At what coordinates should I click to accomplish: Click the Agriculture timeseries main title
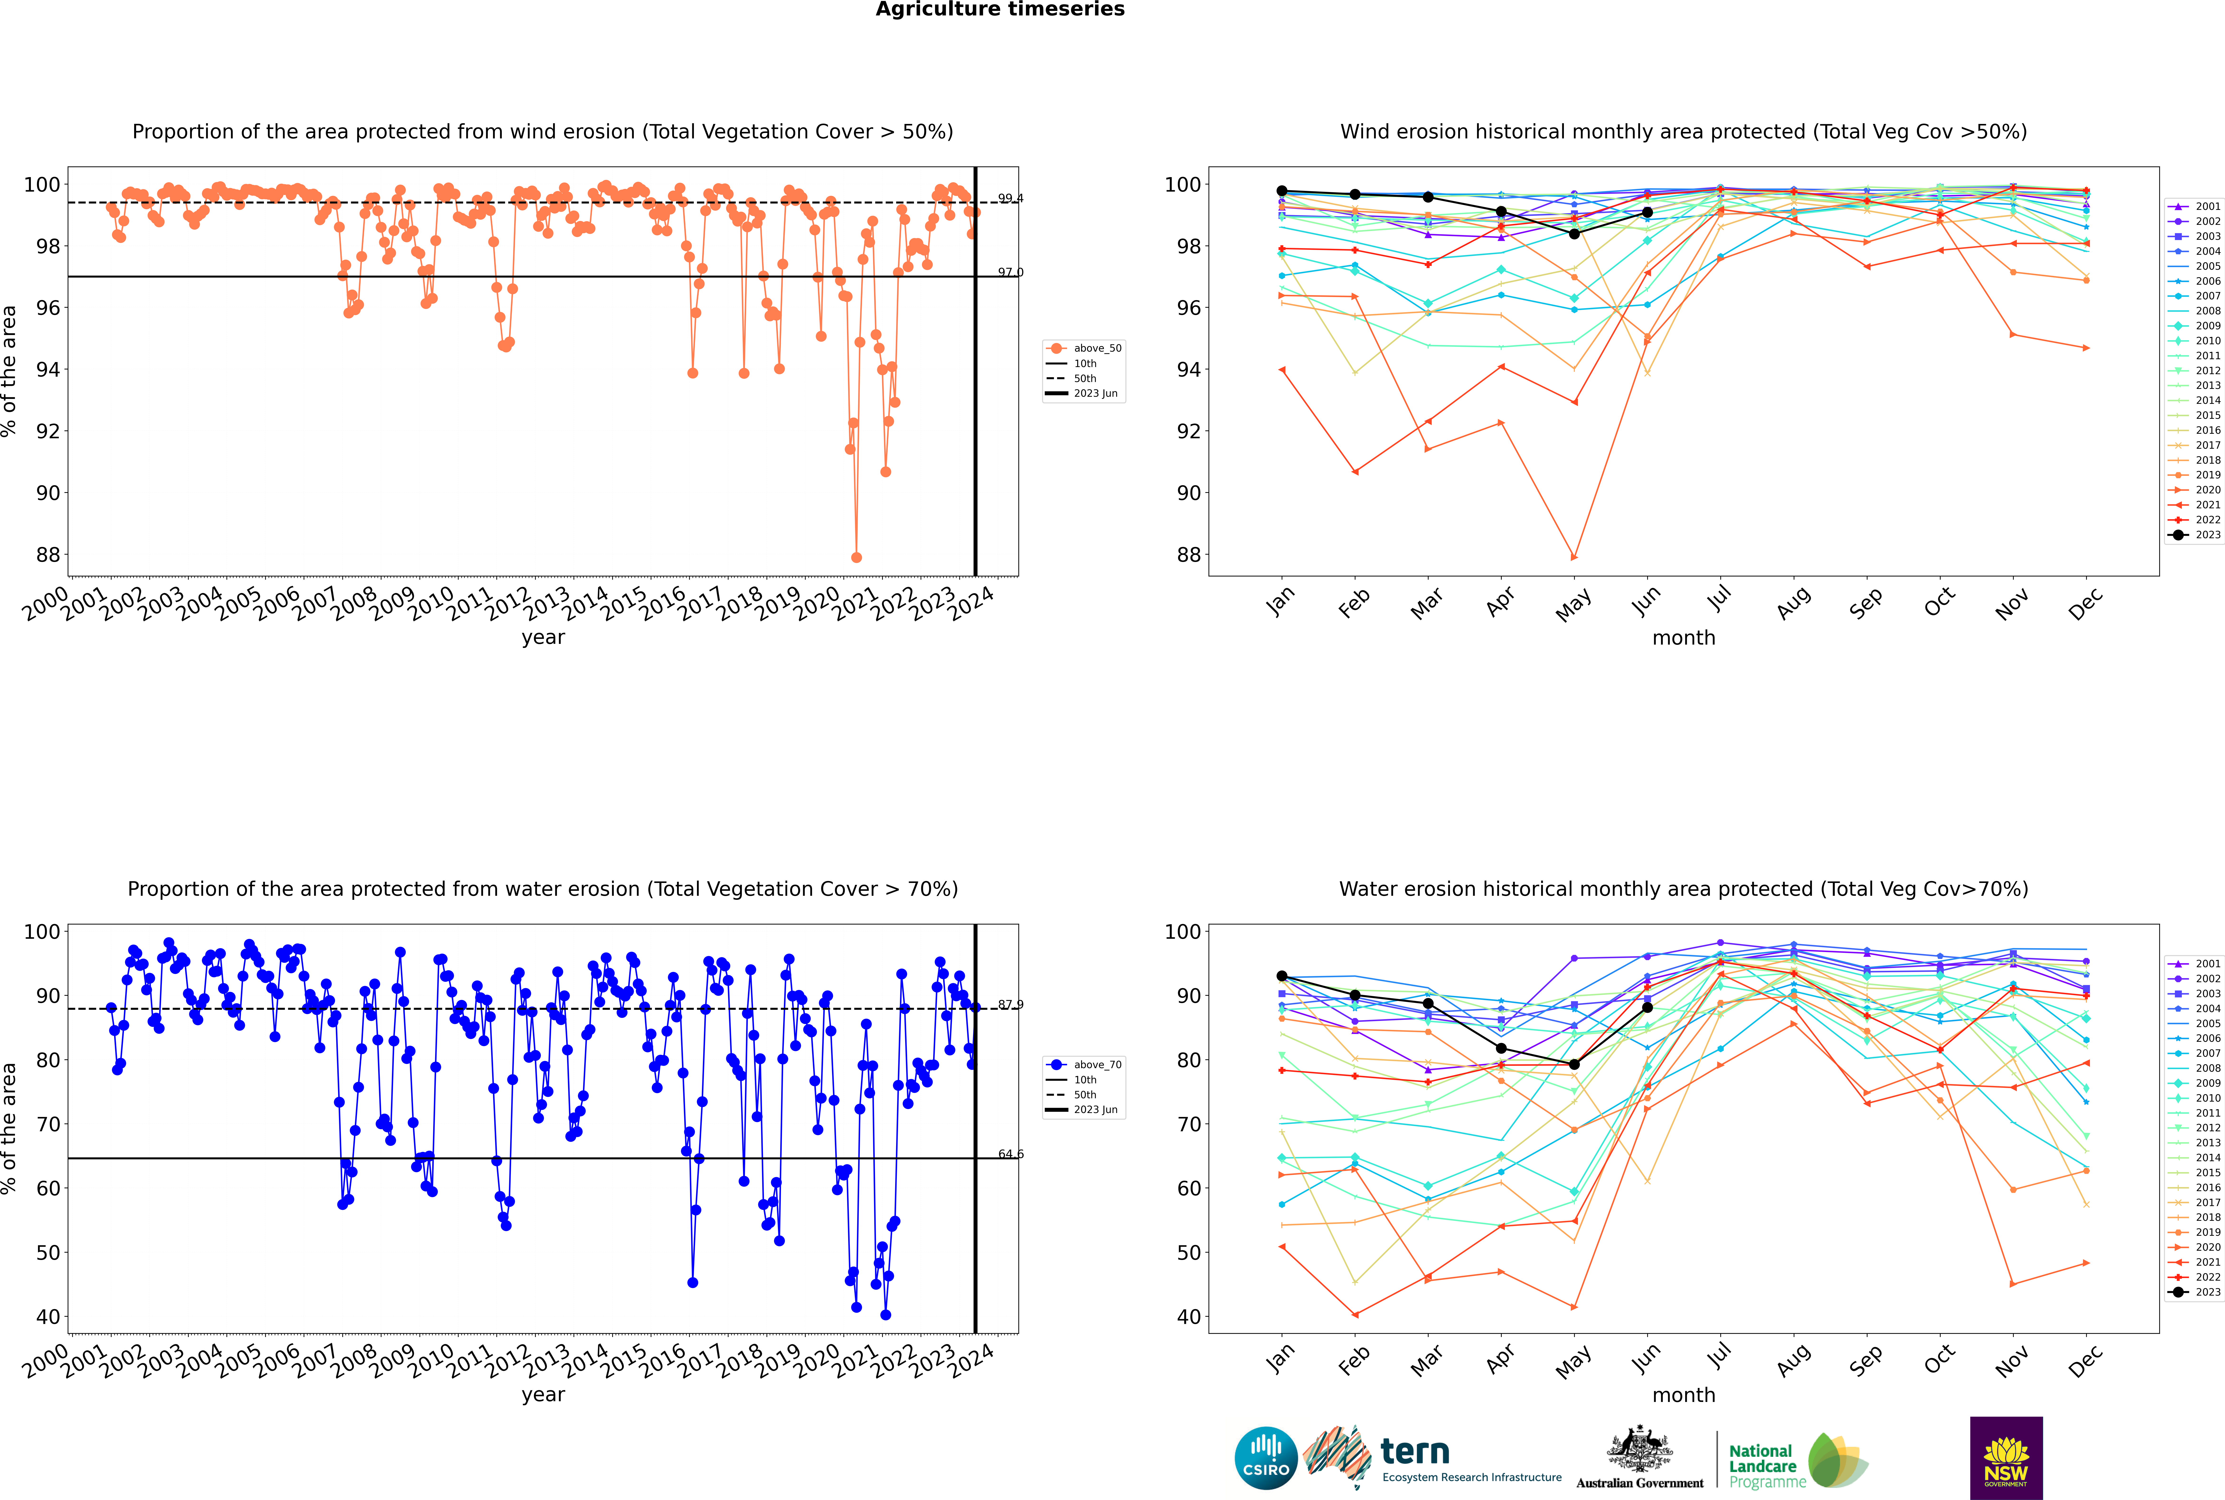tap(1000, 9)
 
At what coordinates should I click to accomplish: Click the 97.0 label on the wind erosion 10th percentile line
tap(1010, 273)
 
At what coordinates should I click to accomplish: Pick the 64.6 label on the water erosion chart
tap(1010, 1154)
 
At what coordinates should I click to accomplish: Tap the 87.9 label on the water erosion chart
tap(1010, 1005)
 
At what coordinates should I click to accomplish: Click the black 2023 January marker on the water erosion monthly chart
tap(1282, 976)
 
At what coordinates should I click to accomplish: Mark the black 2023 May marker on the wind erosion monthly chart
tap(1574, 233)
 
